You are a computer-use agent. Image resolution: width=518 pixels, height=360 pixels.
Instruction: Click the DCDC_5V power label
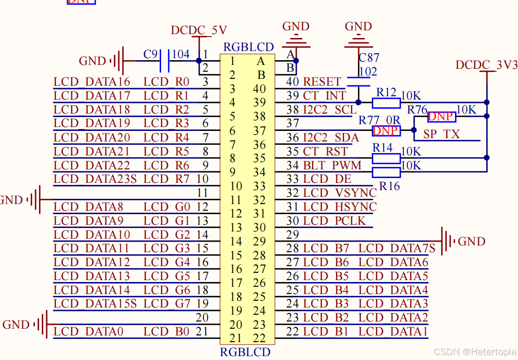pyautogui.click(x=199, y=30)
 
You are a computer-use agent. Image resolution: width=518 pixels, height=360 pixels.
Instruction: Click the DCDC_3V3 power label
pyautogui.click(x=486, y=65)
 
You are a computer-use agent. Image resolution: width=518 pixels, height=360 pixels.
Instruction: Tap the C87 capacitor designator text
pyautogui.click(x=369, y=58)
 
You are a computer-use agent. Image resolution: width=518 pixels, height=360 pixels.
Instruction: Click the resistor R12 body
pyautogui.click(x=386, y=102)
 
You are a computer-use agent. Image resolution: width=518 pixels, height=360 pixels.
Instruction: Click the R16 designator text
pyautogui.click(x=389, y=186)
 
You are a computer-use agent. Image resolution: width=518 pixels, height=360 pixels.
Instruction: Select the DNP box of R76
pyautogui.click(x=441, y=116)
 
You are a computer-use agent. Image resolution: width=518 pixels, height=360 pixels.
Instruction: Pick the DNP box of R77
pyautogui.click(x=386, y=130)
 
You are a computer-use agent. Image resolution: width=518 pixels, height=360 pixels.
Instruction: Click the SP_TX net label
pyautogui.click(x=442, y=134)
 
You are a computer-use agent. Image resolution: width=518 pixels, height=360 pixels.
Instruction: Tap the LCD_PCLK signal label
pyautogui.click(x=334, y=221)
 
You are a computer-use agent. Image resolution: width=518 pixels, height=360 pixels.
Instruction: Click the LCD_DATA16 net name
pyautogui.click(x=92, y=82)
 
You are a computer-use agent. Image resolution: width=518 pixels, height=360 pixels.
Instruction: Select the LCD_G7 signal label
pyautogui.click(x=166, y=304)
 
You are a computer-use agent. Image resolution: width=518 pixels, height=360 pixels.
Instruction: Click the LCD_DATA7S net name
pyautogui.click(x=397, y=248)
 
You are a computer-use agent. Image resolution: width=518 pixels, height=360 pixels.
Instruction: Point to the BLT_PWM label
pyautogui.click(x=332, y=166)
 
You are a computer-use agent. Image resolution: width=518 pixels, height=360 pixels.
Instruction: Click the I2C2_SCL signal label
pyautogui.click(x=330, y=110)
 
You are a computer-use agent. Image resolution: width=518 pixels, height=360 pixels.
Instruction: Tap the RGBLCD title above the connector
pyautogui.click(x=249, y=47)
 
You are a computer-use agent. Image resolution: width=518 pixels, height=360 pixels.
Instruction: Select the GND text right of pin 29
pyautogui.click(x=471, y=241)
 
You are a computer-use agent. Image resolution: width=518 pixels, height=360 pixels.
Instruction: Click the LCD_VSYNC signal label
pyautogui.click(x=340, y=193)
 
